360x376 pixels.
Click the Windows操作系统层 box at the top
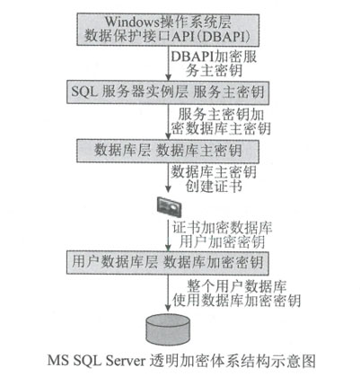coord(168,30)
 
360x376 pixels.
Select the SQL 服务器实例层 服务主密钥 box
coord(168,92)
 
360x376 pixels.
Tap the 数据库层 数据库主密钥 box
coord(168,151)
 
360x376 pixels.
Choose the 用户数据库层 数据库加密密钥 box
coord(168,263)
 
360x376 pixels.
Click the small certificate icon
coord(170,206)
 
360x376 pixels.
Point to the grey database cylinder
coord(168,330)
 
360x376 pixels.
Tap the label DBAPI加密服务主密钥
coord(214,64)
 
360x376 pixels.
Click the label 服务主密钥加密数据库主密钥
coord(221,121)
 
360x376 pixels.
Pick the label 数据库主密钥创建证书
coord(214,179)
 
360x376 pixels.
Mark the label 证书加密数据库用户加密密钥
coord(222,235)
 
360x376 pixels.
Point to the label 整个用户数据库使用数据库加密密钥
coord(236,293)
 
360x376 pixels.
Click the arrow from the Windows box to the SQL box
coord(168,63)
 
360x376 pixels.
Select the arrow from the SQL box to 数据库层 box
coord(168,121)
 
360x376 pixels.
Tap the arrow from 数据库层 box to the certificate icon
coord(168,178)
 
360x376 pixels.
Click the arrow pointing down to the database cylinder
coord(168,293)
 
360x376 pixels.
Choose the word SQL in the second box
coord(84,92)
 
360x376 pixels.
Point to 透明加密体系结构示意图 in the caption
coord(233,361)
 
